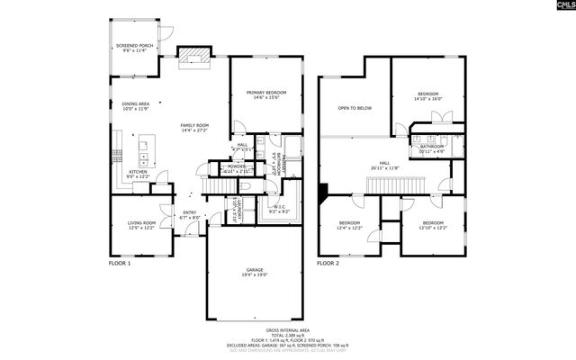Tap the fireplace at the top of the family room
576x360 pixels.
192,57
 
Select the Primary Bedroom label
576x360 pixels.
267,92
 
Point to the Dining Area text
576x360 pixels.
135,104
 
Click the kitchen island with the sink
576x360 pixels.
145,147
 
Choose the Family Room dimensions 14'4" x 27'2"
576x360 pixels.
194,130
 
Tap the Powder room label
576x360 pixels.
237,166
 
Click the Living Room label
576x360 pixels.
140,222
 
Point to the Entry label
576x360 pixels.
188,212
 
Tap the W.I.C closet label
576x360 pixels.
278,207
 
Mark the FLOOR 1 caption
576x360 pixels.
120,264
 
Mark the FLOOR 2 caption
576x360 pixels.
327,264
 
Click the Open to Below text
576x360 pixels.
355,108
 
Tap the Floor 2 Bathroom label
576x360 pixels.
431,147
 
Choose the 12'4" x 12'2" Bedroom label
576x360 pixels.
349,222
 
